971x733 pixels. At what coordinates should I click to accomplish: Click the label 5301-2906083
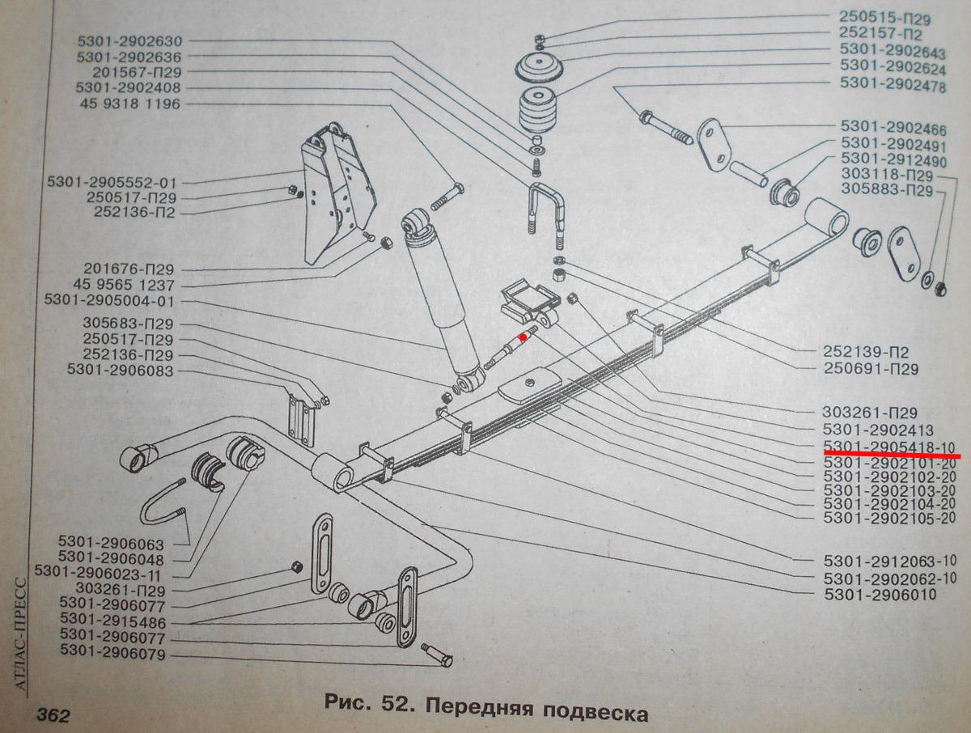click(121, 370)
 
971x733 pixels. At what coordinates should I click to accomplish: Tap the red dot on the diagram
click(524, 336)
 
